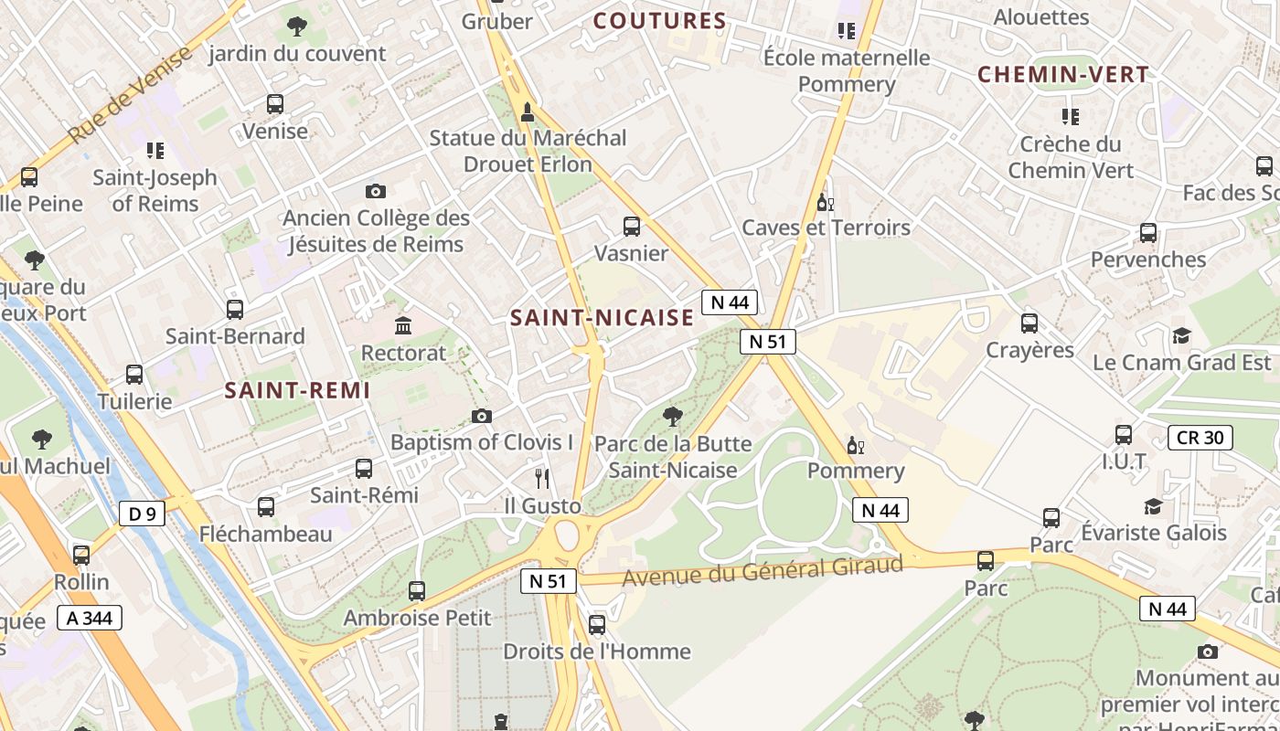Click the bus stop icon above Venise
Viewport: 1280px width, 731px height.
(274, 104)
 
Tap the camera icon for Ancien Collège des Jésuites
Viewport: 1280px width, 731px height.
(375, 191)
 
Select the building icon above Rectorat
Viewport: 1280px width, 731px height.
(403, 325)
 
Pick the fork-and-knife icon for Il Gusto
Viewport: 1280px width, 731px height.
(542, 478)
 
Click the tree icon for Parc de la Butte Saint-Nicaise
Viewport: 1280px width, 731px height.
(672, 417)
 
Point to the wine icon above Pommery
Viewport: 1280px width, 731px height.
(856, 445)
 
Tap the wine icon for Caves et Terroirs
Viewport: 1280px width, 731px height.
(826, 202)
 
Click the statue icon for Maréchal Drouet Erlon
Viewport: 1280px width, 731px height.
(527, 112)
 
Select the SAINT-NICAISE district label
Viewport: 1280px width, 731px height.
(602, 318)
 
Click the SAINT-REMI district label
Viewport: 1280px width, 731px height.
(297, 391)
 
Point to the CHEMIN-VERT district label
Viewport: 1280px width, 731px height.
(1063, 75)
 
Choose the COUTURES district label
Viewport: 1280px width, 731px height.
(660, 21)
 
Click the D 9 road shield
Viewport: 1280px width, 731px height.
(142, 514)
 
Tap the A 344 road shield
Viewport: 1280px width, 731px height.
(90, 619)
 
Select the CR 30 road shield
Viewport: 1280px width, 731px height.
(1200, 438)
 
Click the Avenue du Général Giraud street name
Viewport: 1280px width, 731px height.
(763, 572)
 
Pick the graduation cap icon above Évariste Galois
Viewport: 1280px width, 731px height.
(1153, 506)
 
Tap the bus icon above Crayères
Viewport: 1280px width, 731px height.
(1029, 323)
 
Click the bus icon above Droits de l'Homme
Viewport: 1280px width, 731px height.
(597, 625)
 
